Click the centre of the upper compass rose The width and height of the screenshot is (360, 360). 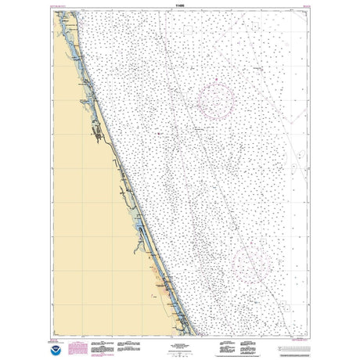[216, 100]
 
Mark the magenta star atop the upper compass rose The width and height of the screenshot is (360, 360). [217, 82]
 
